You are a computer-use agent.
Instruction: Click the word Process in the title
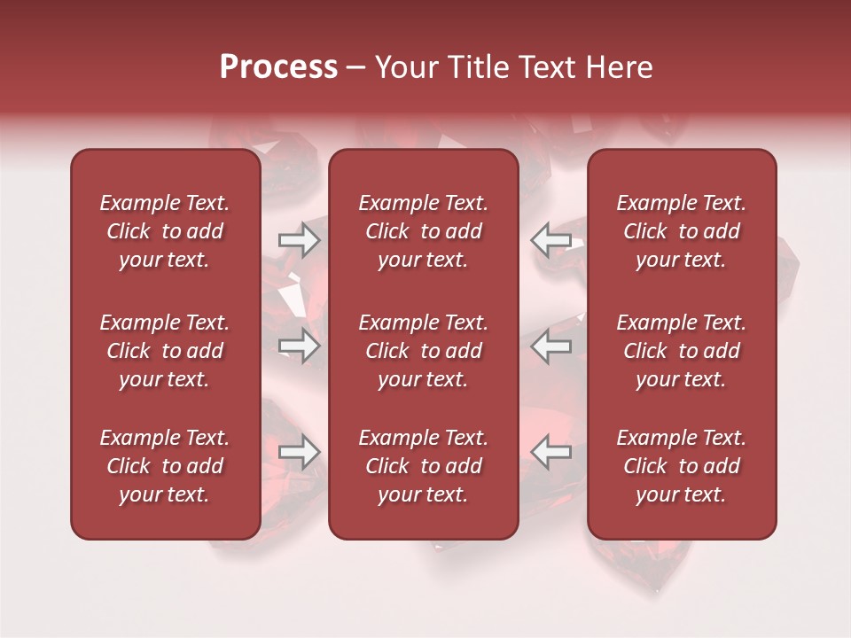coord(278,67)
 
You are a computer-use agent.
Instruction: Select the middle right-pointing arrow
coord(299,346)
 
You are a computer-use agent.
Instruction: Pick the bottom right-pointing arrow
coord(299,452)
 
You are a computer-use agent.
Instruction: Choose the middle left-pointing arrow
coord(551,346)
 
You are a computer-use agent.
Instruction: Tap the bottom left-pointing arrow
coord(551,452)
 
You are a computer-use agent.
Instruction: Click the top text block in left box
coord(165,231)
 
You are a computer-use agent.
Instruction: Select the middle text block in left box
coord(165,351)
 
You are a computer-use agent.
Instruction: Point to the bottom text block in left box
coord(165,466)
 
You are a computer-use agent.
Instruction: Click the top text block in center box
coord(423,231)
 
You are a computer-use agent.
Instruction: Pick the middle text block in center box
coord(423,351)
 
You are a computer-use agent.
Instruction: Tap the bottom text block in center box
coord(423,466)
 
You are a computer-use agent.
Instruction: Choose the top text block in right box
coord(681,231)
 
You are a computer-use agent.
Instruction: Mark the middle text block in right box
coord(681,351)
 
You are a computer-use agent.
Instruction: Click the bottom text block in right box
coord(681,466)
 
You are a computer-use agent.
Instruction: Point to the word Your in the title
coord(404,67)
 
